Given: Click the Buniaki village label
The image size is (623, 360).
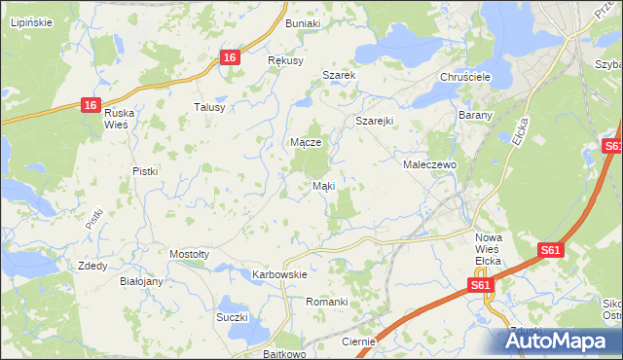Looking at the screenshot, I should click(302, 21).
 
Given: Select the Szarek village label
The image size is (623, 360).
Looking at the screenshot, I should click(340, 75).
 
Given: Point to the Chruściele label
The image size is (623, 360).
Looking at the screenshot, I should click(463, 76).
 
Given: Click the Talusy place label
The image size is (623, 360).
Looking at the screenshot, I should click(209, 107).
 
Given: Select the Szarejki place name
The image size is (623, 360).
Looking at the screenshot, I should click(373, 121).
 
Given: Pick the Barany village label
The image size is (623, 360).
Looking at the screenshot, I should click(475, 115).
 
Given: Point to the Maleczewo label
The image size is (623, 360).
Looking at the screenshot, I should click(430, 165).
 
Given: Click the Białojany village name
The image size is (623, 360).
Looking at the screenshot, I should click(140, 280).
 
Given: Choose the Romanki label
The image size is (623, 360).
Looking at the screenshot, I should click(327, 302).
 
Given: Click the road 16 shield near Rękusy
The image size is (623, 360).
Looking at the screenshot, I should click(230, 57).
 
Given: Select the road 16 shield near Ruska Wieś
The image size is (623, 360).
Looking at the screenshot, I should click(90, 105).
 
